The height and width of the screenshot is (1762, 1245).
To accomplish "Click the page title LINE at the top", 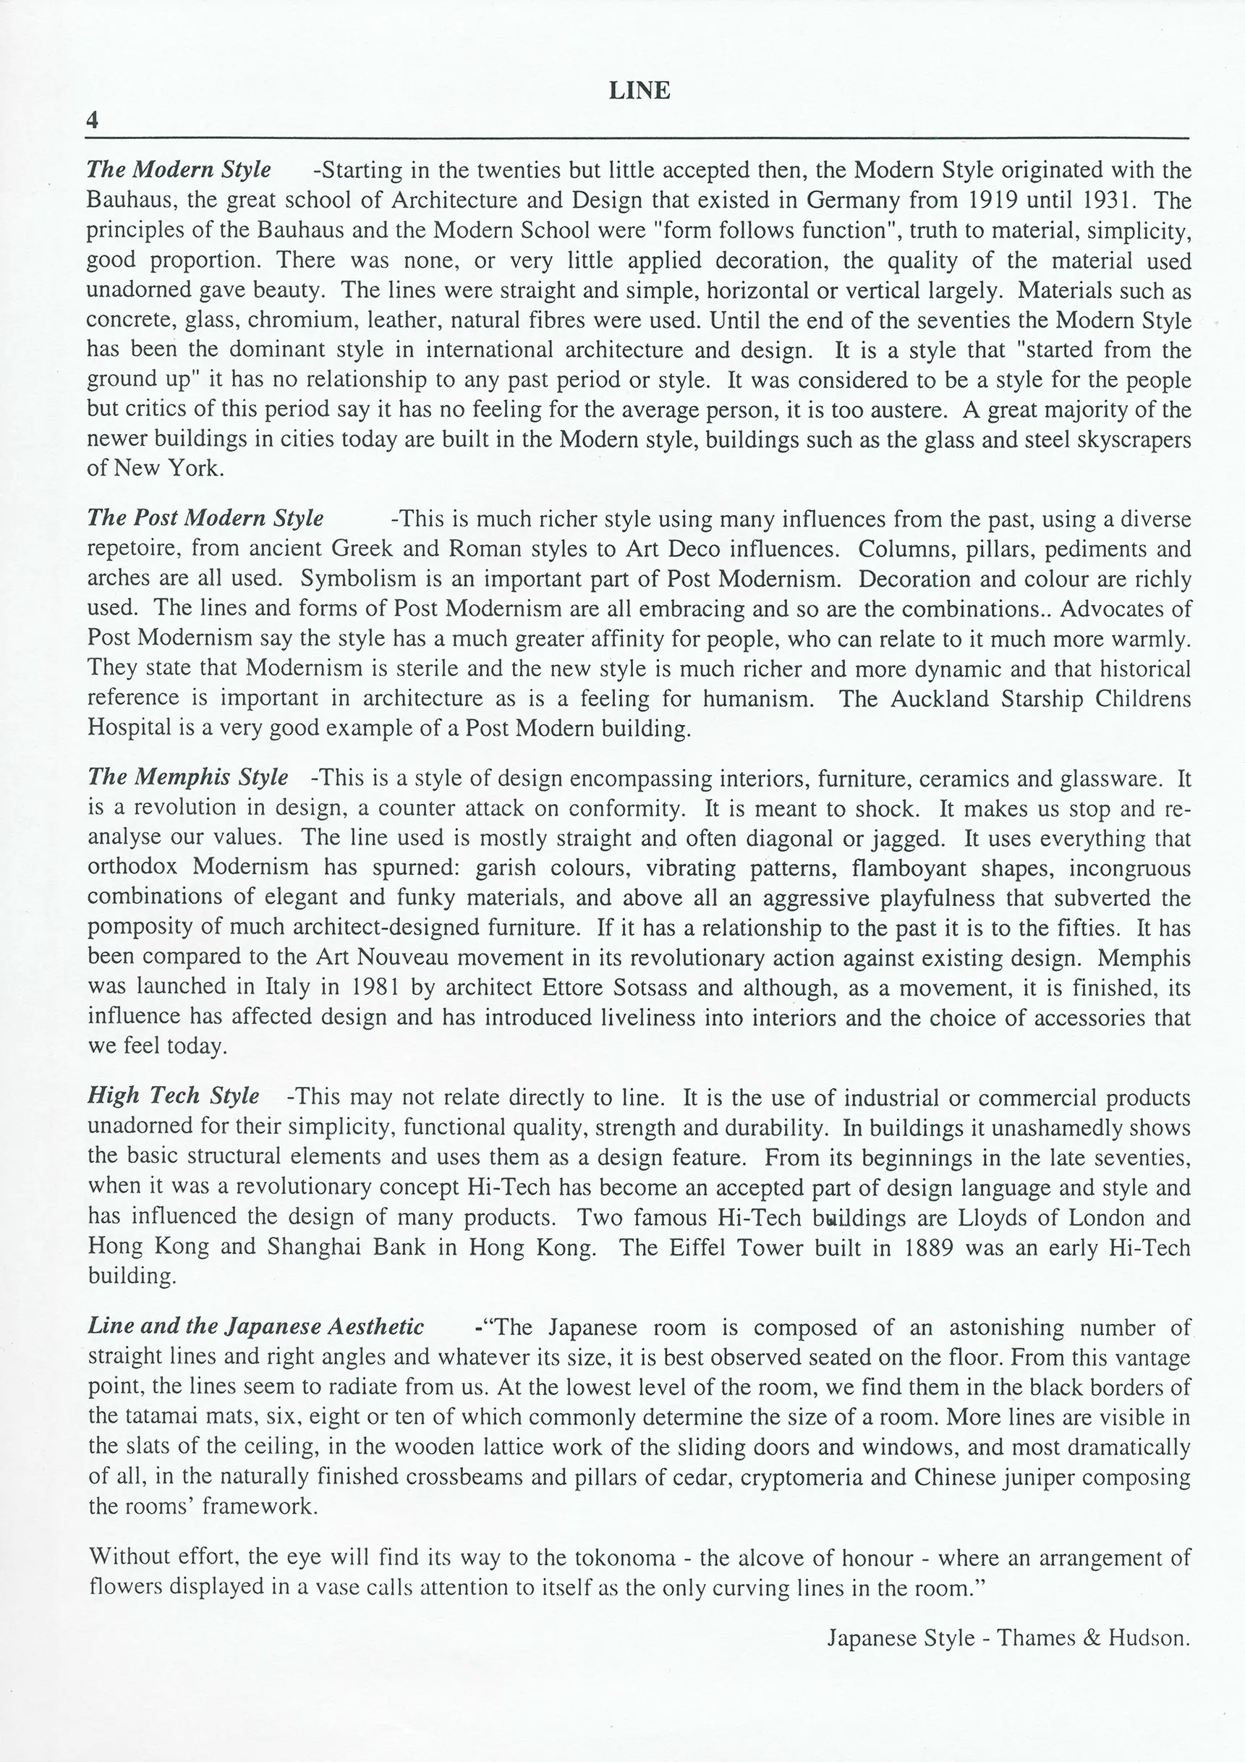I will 639,90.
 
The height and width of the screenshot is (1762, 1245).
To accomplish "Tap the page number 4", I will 93,121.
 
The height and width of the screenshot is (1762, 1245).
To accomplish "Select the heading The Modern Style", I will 179,169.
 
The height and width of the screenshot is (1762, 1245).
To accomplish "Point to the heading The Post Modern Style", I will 205,518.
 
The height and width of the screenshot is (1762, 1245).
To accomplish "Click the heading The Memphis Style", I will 188,777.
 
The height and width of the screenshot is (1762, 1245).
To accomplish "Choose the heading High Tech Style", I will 174,1095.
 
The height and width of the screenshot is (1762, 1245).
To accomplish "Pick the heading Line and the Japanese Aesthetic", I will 256,1327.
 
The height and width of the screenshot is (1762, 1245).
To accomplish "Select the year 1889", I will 927,1247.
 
